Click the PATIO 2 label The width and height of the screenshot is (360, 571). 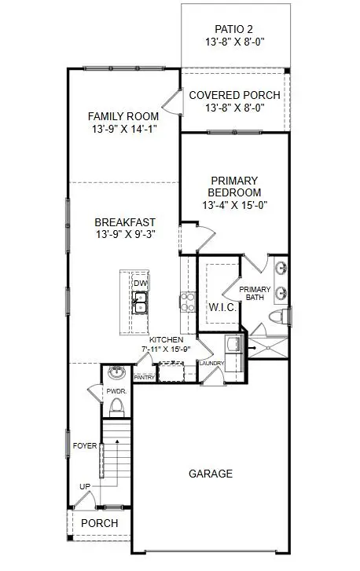pyautogui.click(x=233, y=29)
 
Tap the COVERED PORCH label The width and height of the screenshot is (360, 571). pyautogui.click(x=235, y=95)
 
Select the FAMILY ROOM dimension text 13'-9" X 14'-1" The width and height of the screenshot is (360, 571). pyautogui.click(x=124, y=129)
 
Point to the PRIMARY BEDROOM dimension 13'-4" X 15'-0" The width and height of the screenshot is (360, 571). pyautogui.click(x=235, y=205)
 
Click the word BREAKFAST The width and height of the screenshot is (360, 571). pyautogui.click(x=125, y=222)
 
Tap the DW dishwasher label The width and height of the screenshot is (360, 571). pyautogui.click(x=140, y=284)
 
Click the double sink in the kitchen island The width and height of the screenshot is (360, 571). pyautogui.click(x=140, y=302)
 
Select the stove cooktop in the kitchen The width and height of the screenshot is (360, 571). pyautogui.click(x=188, y=302)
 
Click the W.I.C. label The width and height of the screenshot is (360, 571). pyautogui.click(x=222, y=308)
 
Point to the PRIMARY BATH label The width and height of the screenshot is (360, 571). pyautogui.click(x=255, y=294)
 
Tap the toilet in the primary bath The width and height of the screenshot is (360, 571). pyautogui.click(x=279, y=316)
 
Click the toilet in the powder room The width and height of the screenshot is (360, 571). pyautogui.click(x=117, y=407)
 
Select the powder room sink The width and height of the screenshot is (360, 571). pyautogui.click(x=117, y=372)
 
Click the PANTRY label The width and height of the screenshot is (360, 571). pyautogui.click(x=145, y=378)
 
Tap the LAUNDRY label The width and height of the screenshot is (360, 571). pyautogui.click(x=211, y=364)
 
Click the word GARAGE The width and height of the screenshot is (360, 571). pyautogui.click(x=211, y=474)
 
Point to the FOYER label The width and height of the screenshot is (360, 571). pyautogui.click(x=85, y=446)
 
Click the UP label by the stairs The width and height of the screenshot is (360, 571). pyautogui.click(x=85, y=486)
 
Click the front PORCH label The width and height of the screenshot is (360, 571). pyautogui.click(x=100, y=523)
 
